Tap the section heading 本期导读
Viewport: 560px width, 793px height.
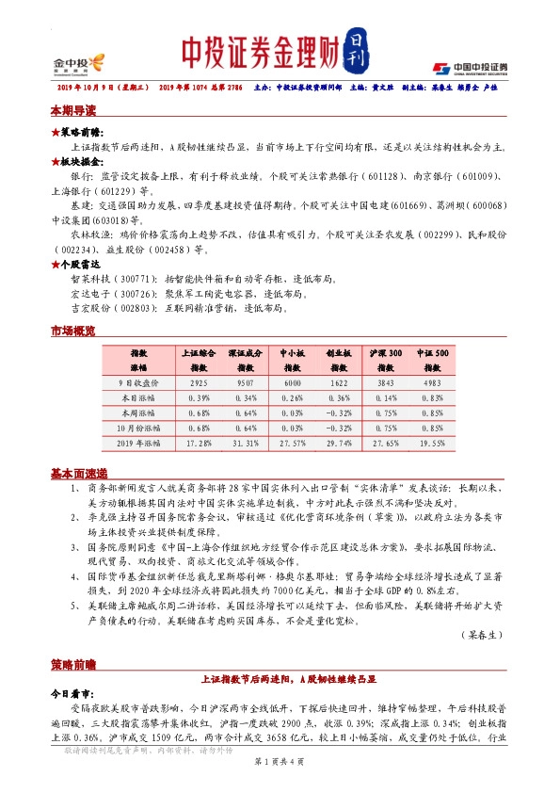click(x=73, y=111)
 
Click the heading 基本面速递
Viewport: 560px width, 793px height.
click(x=78, y=473)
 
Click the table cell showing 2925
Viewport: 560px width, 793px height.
click(x=199, y=383)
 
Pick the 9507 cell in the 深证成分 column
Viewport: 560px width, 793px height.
click(x=244, y=383)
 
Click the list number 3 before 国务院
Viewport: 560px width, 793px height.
click(x=75, y=545)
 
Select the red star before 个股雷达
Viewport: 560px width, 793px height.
click(x=55, y=267)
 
